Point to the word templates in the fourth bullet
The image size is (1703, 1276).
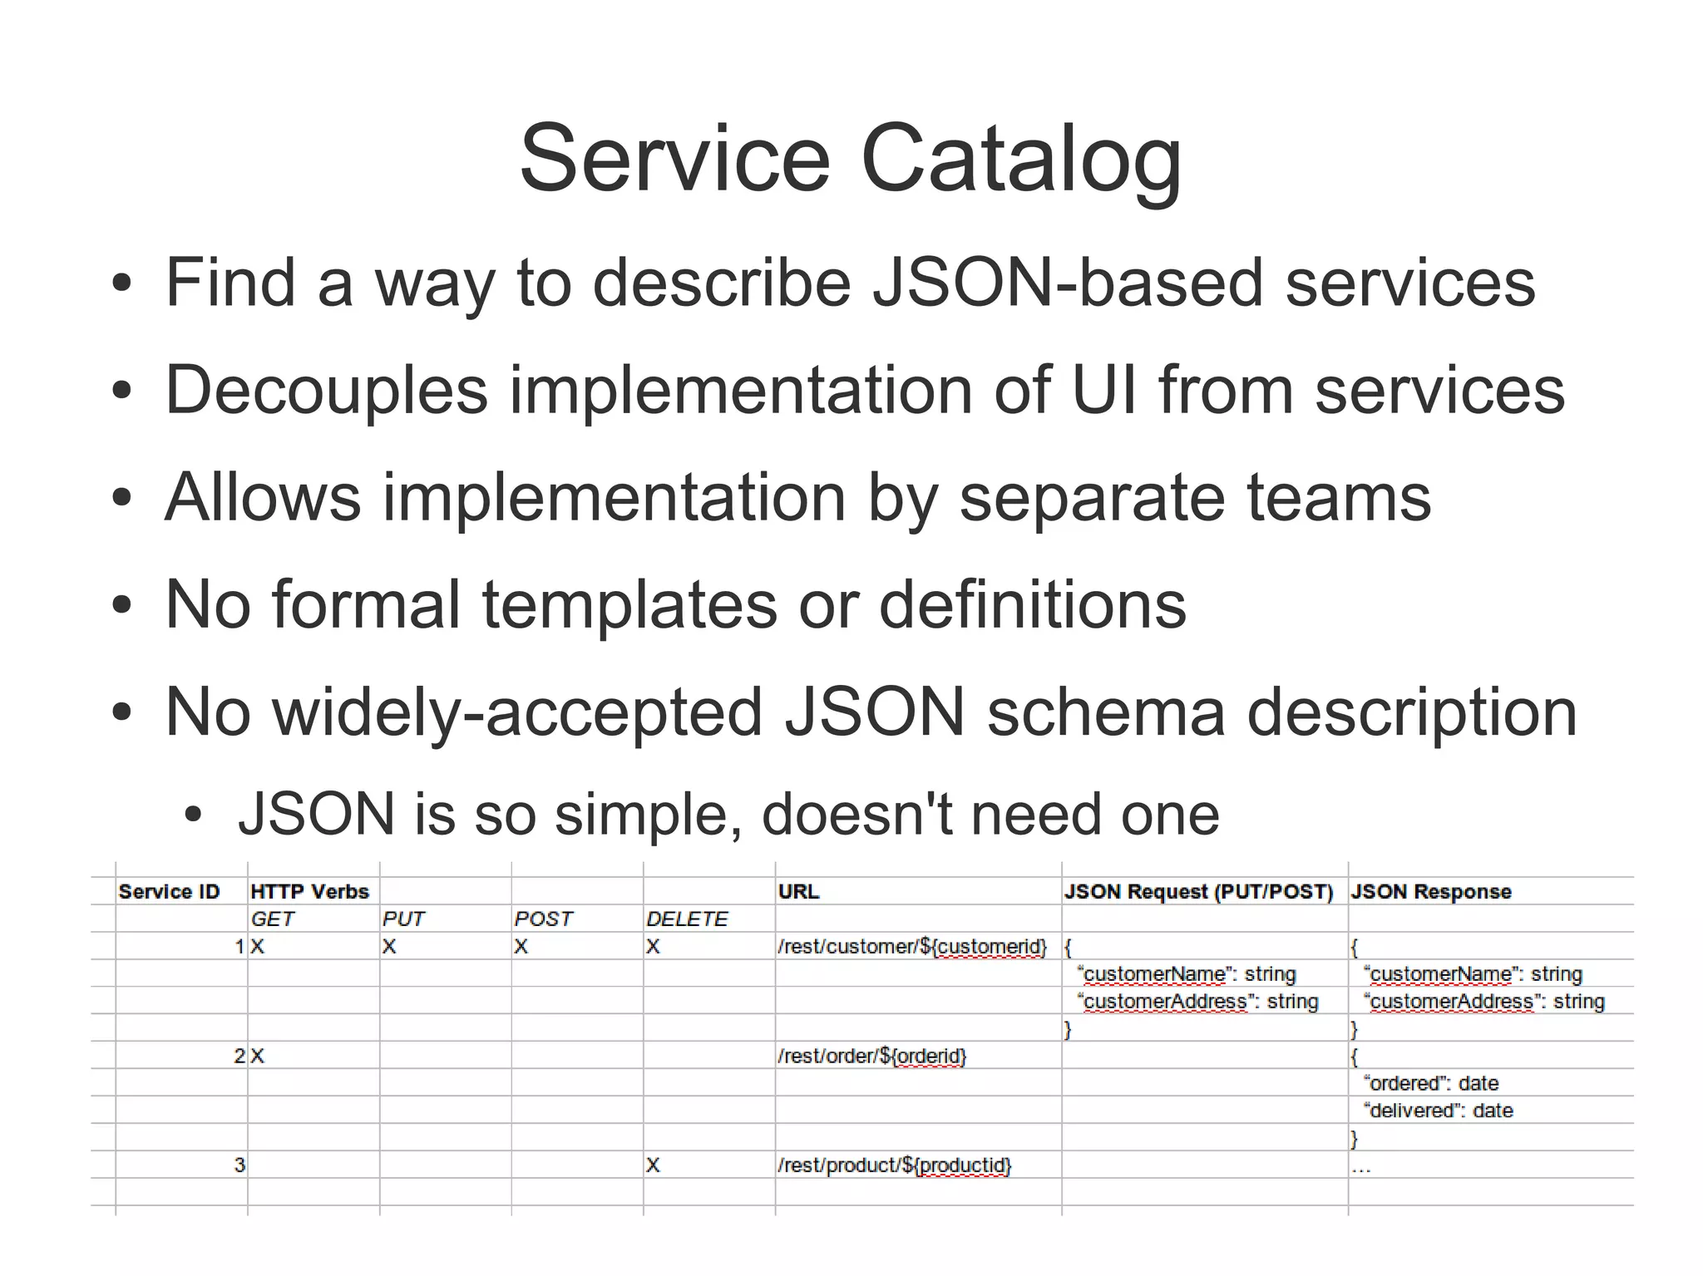(x=629, y=604)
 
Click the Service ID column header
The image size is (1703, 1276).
(x=169, y=892)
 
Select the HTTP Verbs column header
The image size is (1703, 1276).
(x=309, y=892)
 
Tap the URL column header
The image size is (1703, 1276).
(x=798, y=892)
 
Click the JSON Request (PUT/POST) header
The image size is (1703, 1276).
(x=1198, y=892)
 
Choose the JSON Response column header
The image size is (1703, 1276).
(x=1430, y=892)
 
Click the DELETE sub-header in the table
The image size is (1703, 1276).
(x=687, y=919)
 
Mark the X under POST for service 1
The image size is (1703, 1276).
(x=521, y=947)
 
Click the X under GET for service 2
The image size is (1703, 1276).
(x=257, y=1057)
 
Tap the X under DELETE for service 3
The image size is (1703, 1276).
(x=653, y=1165)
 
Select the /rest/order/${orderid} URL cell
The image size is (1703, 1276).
(x=871, y=1057)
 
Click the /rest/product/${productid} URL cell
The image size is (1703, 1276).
(x=894, y=1165)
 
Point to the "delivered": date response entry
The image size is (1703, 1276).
(x=1439, y=1111)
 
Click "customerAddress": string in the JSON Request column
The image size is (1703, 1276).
(x=1197, y=1002)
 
